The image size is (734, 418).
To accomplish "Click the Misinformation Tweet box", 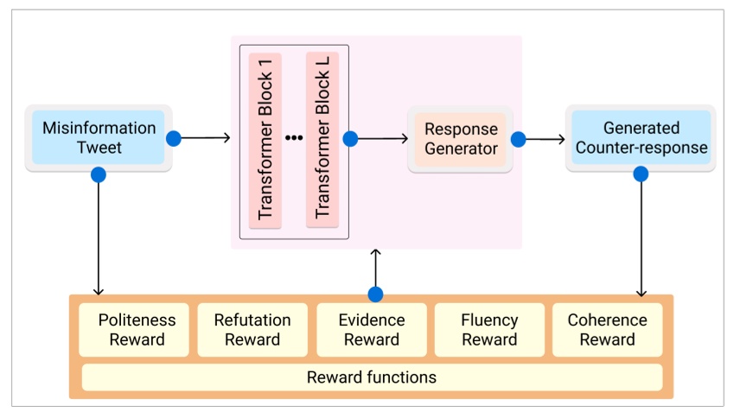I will (99, 138).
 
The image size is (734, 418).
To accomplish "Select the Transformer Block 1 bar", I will (265, 141).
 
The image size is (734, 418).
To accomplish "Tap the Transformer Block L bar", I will (322, 141).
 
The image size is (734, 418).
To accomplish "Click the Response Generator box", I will (460, 139).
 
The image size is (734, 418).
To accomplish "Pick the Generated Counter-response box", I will (641, 138).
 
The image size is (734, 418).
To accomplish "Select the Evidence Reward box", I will (371, 329).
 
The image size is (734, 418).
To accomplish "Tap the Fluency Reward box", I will (489, 329).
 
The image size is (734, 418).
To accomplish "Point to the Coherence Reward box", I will (607, 329).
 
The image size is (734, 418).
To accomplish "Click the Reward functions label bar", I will (372, 377).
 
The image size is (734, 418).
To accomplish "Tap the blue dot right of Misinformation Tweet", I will (174, 138).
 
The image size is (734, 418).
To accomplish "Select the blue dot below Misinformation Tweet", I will (99, 174).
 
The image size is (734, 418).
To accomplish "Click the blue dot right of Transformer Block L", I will (350, 138).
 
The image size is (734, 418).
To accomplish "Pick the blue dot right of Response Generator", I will (519, 138).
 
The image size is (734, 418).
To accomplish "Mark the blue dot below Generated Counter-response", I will (641, 174).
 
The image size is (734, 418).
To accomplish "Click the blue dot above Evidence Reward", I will (374, 294).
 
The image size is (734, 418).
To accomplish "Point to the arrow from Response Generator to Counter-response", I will (541, 138).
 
